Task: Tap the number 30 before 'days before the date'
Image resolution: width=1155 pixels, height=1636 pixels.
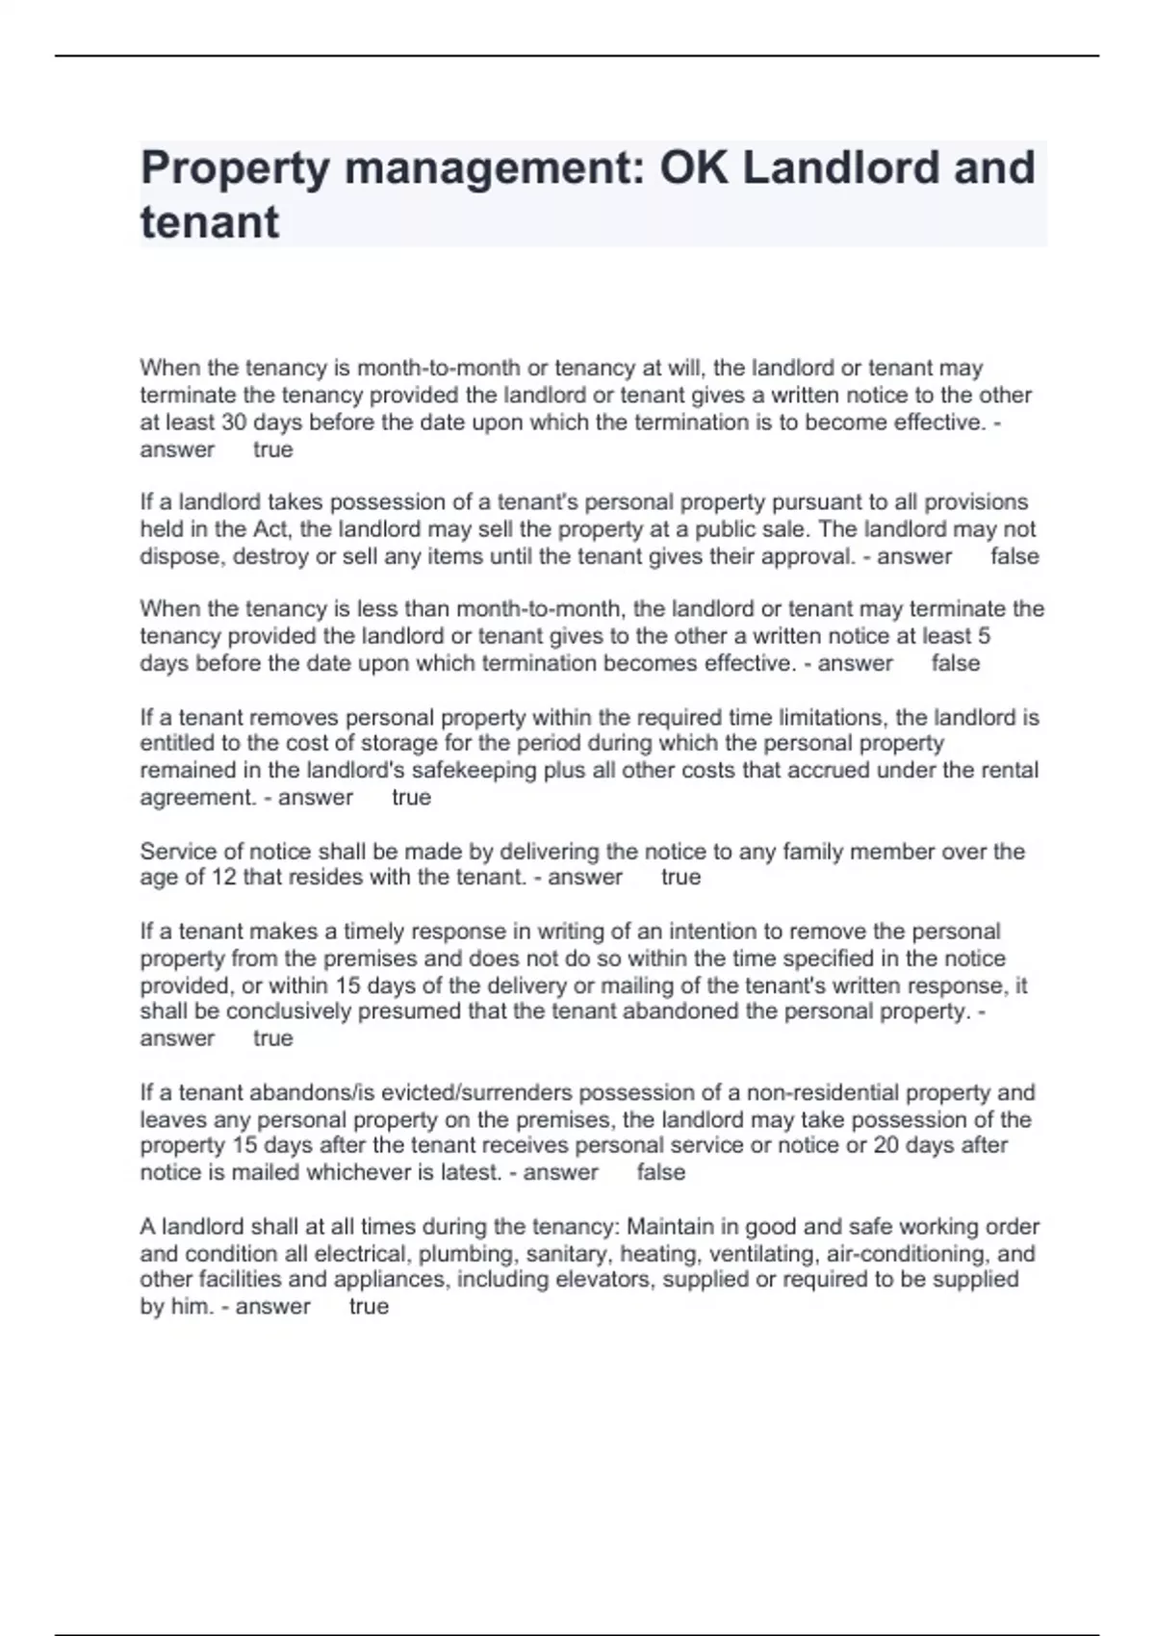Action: (235, 422)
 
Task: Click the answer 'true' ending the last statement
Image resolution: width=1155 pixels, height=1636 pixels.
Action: (369, 1307)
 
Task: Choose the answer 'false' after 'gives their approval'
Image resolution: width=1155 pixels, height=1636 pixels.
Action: (1014, 556)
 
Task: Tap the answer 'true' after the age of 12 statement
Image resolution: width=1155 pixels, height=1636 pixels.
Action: (681, 878)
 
